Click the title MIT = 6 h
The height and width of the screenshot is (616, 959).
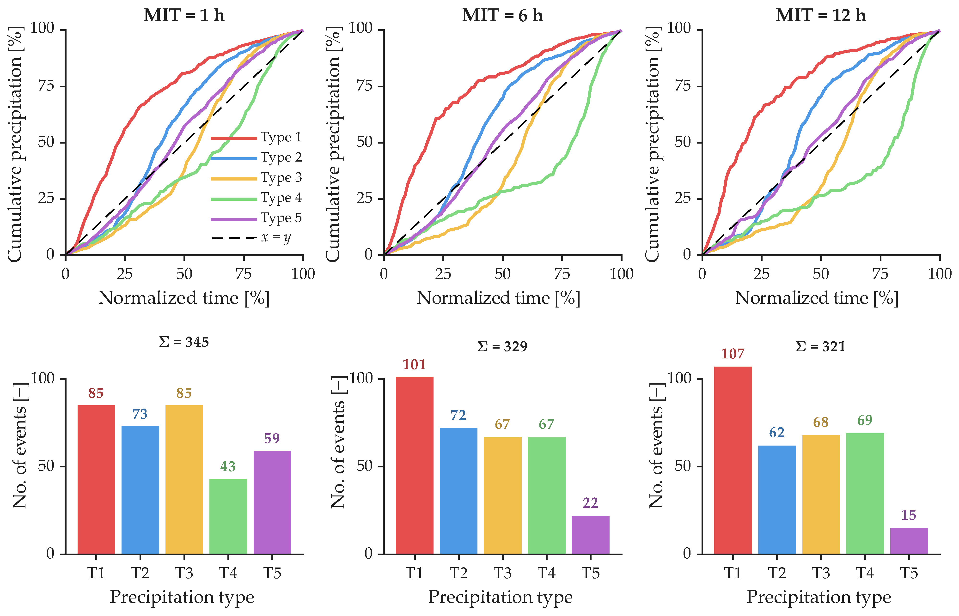coord(502,16)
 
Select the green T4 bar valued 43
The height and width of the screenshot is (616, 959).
coord(228,516)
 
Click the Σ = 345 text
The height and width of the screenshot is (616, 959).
coord(184,342)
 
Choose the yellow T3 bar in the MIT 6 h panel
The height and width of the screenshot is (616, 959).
coord(502,495)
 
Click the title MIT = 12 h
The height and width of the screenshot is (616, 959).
coord(821,16)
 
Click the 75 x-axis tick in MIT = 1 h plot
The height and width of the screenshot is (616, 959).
coord(243,274)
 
